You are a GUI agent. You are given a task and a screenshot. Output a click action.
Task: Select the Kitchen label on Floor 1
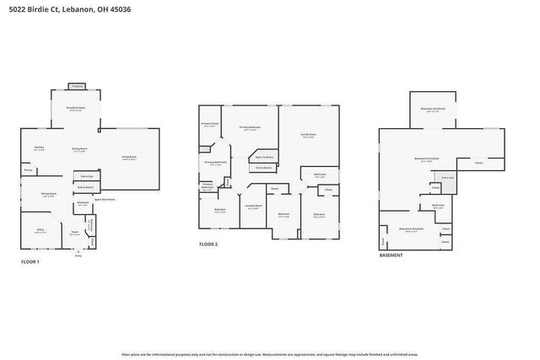point(40,148)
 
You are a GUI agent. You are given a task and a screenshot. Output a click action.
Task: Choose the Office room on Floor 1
point(40,230)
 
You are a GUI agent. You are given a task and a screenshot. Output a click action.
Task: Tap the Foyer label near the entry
point(74,233)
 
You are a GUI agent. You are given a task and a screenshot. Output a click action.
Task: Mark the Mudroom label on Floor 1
point(83,203)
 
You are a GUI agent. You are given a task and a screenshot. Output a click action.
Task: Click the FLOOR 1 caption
point(30,261)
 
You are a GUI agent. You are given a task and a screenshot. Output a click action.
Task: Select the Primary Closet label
point(209,124)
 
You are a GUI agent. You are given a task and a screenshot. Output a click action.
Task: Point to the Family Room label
point(309,135)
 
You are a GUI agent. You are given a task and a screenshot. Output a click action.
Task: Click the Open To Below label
point(264,157)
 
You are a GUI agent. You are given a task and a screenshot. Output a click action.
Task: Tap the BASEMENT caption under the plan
point(391,255)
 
